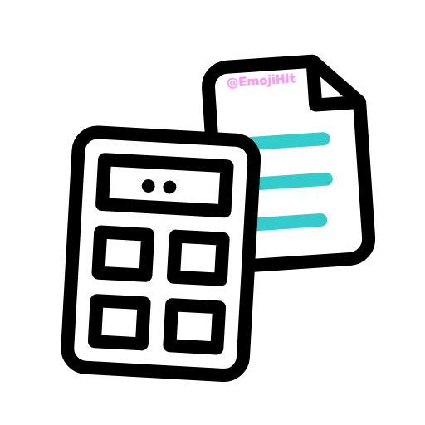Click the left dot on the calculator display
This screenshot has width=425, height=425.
(x=149, y=186)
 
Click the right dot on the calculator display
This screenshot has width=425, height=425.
(x=169, y=187)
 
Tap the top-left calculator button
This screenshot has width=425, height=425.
(x=123, y=254)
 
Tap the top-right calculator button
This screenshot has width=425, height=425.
(x=198, y=257)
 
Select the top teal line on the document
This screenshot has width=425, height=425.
(x=291, y=140)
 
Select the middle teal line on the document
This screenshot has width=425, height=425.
(x=296, y=181)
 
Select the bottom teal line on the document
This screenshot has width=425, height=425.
(x=292, y=222)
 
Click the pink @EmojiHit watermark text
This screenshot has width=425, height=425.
(x=261, y=81)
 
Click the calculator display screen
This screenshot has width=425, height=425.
(x=164, y=185)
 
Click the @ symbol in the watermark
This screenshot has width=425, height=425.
(x=232, y=83)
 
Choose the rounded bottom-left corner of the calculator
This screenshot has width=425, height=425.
(x=72, y=363)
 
